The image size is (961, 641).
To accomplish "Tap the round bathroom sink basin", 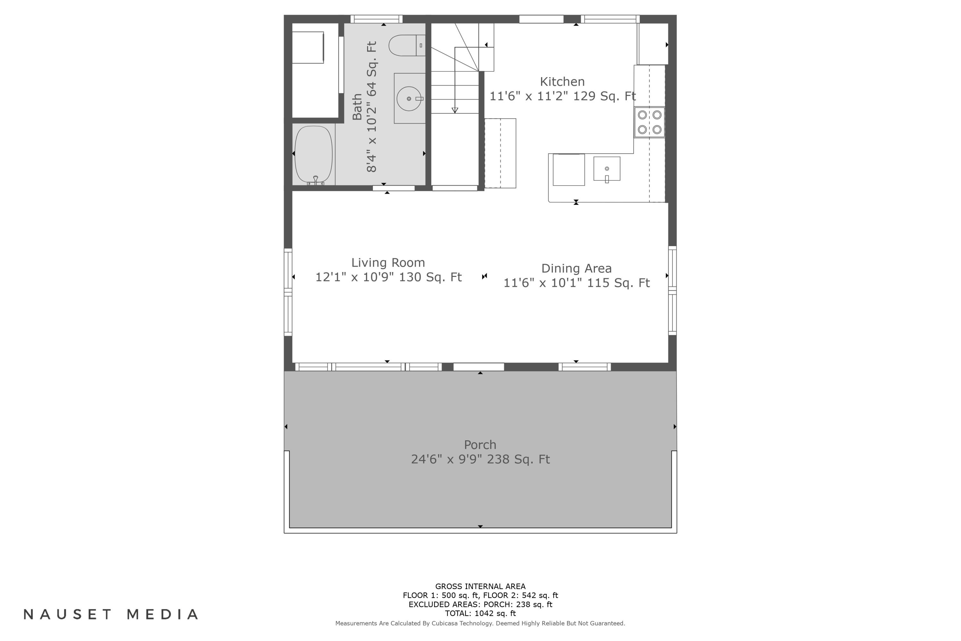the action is [409, 98].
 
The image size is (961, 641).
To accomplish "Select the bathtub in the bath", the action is [314, 154].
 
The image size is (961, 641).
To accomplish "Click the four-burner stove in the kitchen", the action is [649, 122].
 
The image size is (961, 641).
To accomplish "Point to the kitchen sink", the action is [607, 169].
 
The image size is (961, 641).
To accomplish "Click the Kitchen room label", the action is [562, 82].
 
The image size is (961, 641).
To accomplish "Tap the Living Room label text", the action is [388, 262].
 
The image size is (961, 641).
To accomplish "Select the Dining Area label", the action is [577, 269].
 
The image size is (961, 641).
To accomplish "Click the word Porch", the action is [480, 445].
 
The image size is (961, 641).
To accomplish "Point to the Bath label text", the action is [357, 107].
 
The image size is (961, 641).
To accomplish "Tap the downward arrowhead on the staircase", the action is [455, 110].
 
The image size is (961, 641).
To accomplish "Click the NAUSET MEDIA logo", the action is [111, 614].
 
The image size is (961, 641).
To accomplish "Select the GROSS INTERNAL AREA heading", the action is [480, 587].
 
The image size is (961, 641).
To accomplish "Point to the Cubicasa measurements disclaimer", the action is [480, 623].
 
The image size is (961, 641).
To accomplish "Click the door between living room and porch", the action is [479, 367].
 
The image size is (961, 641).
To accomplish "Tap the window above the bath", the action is [376, 19].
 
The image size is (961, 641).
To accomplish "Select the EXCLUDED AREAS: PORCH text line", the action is [480, 604].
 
